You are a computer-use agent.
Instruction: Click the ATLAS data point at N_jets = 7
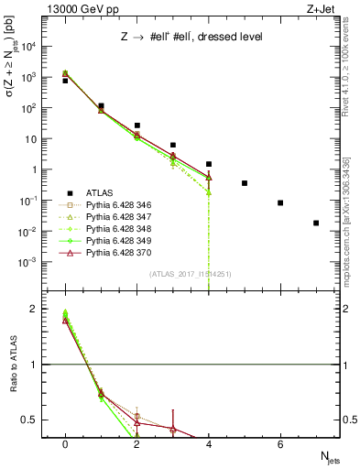click(x=316, y=223)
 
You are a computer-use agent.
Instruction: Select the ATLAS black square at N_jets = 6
click(x=280, y=202)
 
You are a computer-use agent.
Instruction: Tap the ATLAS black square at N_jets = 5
click(x=245, y=183)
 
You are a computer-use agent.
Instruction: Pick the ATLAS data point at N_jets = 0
click(x=65, y=81)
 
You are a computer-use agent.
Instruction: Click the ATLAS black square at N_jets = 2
click(x=136, y=125)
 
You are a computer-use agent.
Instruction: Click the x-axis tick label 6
click(x=280, y=445)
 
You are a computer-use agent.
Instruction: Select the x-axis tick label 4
click(x=209, y=445)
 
